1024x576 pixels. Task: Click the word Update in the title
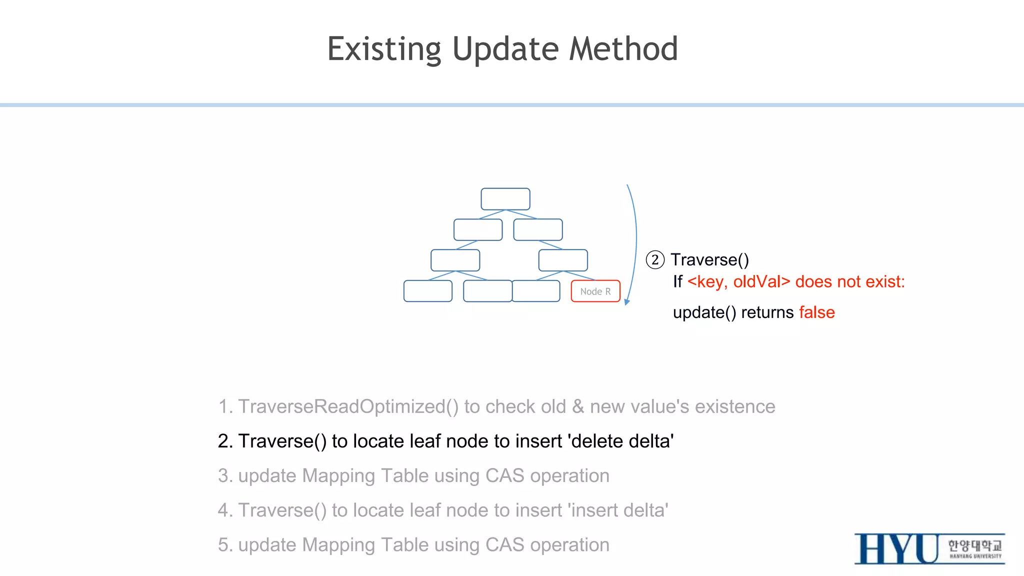(505, 49)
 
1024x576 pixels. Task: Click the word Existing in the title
(384, 49)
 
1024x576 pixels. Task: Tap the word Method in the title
(623, 49)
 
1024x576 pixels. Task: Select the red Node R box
(595, 291)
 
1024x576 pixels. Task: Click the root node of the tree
(505, 199)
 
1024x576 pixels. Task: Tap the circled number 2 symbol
(655, 260)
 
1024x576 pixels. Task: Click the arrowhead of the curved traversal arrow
(627, 301)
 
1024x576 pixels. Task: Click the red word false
(816, 312)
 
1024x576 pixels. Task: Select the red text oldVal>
(761, 282)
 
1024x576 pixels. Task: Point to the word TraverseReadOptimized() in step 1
(348, 406)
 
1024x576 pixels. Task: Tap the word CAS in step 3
(504, 475)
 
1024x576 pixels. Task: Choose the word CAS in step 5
(504, 544)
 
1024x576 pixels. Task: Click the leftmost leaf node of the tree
(428, 291)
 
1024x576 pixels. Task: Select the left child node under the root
(478, 230)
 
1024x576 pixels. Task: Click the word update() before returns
(704, 312)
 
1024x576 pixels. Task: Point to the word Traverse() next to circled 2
(709, 260)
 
